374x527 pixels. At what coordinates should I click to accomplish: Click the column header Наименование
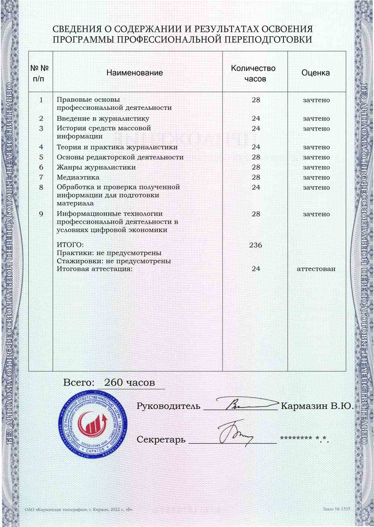pos(134,73)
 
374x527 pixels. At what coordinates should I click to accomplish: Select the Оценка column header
pos(315,73)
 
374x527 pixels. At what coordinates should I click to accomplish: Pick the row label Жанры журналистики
pos(96,167)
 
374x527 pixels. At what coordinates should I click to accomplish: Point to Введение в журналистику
pos(103,119)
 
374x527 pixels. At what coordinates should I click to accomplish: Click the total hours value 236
pos(256,245)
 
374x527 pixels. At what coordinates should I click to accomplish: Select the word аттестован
pos(316,269)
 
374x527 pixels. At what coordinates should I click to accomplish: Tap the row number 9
pos(41,214)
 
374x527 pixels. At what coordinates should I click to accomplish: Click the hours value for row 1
pos(256,100)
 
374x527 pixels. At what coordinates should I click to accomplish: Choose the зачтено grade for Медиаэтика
pos(316,177)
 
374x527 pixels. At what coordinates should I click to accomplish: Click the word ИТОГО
pos(70,245)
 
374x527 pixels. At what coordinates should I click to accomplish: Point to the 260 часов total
pos(129,383)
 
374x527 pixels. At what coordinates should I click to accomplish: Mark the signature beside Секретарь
pos(234,433)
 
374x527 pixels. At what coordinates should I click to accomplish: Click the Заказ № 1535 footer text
pos(336,509)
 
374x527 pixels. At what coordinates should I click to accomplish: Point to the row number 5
pos(41,157)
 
